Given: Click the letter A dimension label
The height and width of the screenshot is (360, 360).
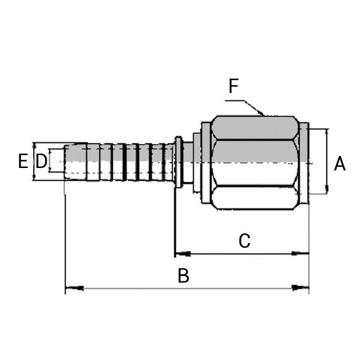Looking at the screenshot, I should [340, 163].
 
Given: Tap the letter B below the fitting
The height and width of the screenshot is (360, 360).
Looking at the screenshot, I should [184, 276].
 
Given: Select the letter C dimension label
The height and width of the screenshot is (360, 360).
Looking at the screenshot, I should [244, 241].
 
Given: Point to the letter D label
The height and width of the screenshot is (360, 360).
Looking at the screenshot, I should [41, 161].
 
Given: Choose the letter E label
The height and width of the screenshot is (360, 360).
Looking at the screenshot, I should [23, 161].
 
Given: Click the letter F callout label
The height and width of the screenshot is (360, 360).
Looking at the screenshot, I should [234, 86].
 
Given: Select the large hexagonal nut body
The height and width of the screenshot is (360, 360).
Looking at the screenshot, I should [256, 162].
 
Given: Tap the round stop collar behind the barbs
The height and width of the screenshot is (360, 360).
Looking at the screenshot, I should [179, 162].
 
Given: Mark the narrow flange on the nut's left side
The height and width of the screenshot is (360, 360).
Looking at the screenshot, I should [206, 162].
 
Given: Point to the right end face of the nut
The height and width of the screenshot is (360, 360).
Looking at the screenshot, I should [304, 162].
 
